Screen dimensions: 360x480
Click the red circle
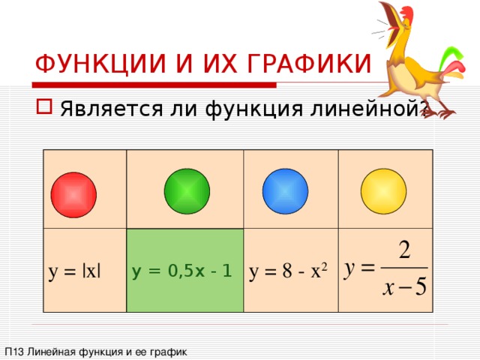(x=75, y=195)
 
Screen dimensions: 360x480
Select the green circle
(x=187, y=190)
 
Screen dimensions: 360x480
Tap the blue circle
(x=285, y=190)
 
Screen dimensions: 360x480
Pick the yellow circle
(x=383, y=190)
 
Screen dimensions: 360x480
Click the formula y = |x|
(x=74, y=271)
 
